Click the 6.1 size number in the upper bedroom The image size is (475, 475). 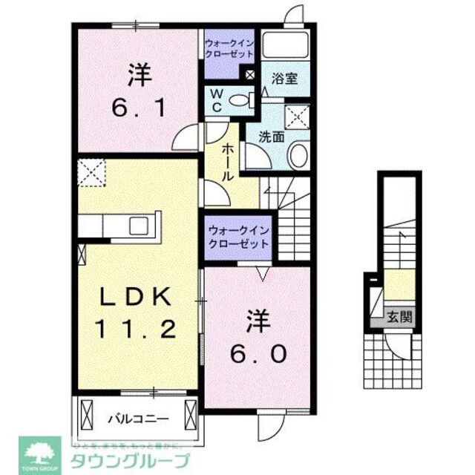point(138,108)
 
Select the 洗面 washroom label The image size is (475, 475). point(272,137)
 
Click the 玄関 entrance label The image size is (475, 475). point(399,317)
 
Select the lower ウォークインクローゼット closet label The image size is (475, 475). point(238,237)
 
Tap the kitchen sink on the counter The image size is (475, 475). point(139,224)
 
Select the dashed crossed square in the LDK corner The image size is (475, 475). point(92,172)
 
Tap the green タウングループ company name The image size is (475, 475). point(129,459)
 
